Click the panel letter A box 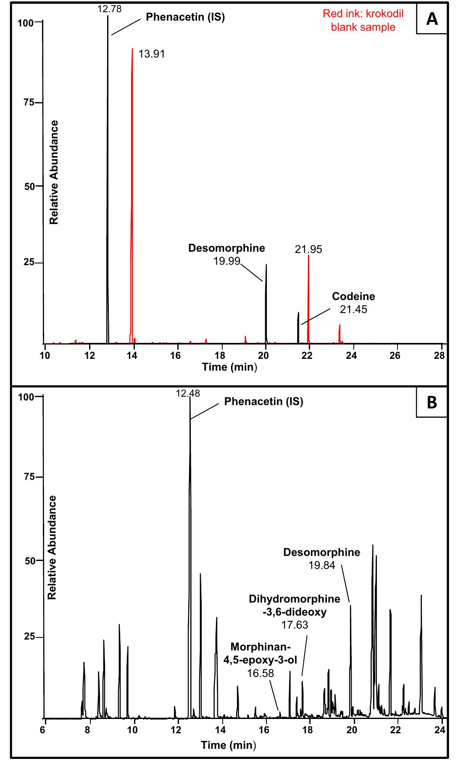[432, 19]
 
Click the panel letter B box [432, 402]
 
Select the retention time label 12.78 [109, 9]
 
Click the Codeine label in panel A [353, 296]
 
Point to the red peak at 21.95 [308, 294]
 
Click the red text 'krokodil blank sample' [363, 21]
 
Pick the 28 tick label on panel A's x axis [439, 356]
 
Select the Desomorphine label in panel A [226, 248]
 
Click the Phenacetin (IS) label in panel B [263, 401]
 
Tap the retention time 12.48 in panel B [188, 393]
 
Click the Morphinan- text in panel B [261, 646]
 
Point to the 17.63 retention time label [295, 625]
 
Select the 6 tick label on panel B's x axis [43, 729]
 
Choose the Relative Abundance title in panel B [52, 547]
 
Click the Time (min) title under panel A [229, 367]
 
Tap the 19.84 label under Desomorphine [322, 565]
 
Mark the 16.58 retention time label [260, 673]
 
